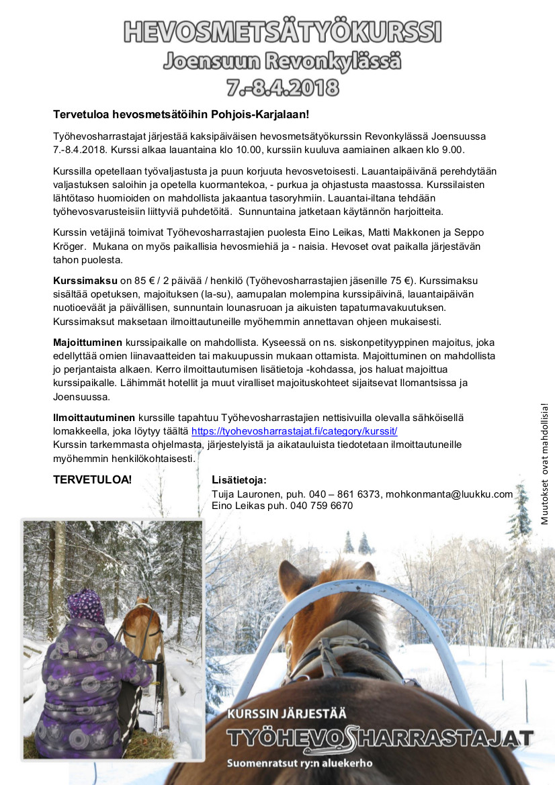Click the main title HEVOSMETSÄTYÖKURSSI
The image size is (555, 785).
click(282, 31)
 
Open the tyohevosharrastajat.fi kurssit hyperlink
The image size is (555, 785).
click(294, 431)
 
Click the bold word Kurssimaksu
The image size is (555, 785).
click(85, 280)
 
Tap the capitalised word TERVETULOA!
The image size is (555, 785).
click(93, 479)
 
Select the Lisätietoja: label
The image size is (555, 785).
click(239, 479)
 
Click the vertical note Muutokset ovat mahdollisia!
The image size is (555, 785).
click(544, 463)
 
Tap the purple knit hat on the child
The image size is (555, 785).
click(85, 604)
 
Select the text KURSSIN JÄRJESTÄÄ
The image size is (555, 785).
click(287, 714)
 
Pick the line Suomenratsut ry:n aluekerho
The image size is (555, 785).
click(299, 764)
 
